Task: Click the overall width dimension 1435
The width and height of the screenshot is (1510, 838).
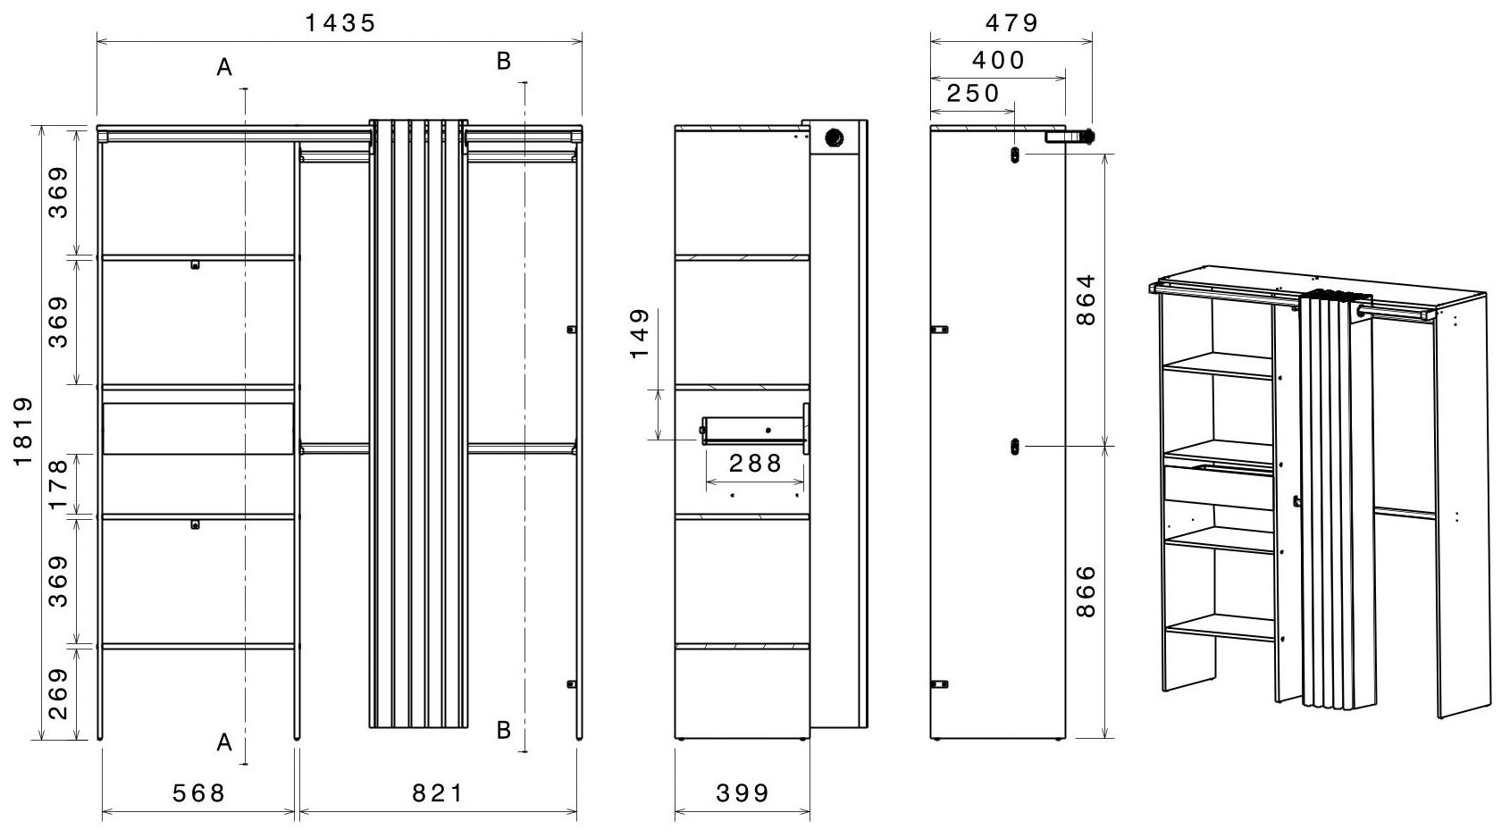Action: [340, 23]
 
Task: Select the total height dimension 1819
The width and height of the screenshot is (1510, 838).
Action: [23, 432]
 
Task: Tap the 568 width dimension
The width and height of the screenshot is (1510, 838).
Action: [199, 793]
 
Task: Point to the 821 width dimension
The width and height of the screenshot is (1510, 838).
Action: [438, 793]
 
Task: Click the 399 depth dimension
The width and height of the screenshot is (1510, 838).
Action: [742, 793]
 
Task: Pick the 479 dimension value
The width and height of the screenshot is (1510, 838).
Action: [1011, 23]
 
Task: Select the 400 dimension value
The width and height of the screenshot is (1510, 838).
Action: [998, 61]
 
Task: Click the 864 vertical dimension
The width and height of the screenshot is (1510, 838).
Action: [1086, 300]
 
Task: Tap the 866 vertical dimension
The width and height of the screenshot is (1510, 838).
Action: [1086, 592]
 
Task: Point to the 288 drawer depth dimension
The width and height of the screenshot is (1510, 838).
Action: [755, 463]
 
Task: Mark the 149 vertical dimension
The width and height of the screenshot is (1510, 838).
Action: [640, 334]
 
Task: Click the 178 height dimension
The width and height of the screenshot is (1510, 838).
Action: [59, 484]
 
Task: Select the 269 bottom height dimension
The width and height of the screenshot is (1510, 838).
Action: [59, 694]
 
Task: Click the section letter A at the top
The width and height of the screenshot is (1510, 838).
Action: [224, 67]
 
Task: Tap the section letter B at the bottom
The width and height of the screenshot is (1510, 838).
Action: [504, 730]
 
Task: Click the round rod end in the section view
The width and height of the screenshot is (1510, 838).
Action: [835, 138]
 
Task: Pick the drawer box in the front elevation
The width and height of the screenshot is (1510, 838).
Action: [198, 429]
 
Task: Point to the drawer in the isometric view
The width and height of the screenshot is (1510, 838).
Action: [1219, 486]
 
